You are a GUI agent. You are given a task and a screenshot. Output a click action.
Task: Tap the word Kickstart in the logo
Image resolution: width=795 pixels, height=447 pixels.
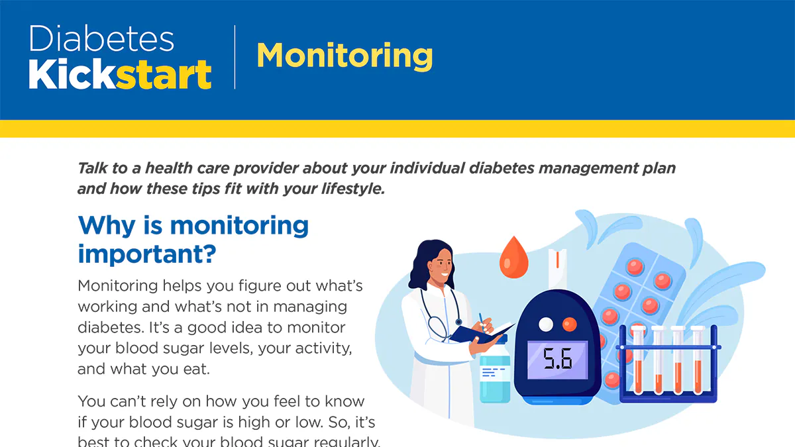click(120, 75)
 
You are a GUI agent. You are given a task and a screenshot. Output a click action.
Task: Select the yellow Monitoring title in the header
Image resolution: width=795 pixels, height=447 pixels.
click(344, 56)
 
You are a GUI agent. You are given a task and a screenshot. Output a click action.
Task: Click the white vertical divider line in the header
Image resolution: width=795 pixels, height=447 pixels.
click(235, 57)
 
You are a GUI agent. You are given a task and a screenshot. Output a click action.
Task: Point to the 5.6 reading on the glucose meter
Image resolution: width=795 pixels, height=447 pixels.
click(558, 360)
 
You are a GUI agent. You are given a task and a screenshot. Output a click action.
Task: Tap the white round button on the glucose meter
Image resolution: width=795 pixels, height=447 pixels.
click(546, 324)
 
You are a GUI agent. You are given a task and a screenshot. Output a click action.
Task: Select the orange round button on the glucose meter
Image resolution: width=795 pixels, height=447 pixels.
click(569, 324)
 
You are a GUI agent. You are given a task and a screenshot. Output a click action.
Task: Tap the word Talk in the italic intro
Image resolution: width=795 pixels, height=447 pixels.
click(93, 168)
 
